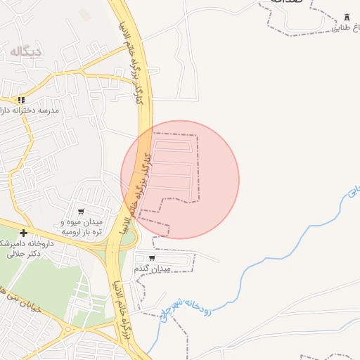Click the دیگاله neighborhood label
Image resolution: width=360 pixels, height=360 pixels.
tap(27, 51)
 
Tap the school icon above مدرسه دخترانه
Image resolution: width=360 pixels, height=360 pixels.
tap(22, 101)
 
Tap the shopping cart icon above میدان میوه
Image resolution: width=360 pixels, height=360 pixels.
tap(81, 212)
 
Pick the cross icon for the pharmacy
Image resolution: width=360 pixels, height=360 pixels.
tap(24, 233)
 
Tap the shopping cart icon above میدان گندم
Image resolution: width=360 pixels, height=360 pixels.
tap(153, 258)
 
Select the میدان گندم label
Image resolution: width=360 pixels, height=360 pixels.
tap(153, 269)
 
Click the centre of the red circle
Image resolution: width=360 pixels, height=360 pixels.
tap(180, 179)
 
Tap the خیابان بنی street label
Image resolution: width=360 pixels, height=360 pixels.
tap(10, 285)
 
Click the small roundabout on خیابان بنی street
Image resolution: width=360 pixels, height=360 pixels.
tap(69, 329)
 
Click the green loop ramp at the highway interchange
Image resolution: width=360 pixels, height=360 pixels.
tap(127, 239)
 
